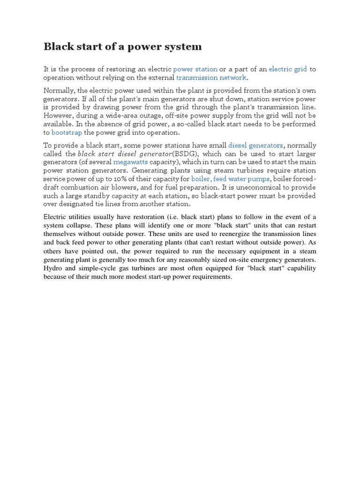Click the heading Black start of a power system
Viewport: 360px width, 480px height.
[x=123, y=46]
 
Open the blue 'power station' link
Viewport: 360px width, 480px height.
[x=195, y=69]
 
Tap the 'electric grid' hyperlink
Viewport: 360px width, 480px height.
[x=287, y=69]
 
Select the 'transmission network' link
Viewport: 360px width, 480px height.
[x=211, y=78]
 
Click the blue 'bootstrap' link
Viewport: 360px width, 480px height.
[x=67, y=133]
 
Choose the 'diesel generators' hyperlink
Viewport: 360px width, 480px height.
[x=255, y=145]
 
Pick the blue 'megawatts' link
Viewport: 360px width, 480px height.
[x=130, y=162]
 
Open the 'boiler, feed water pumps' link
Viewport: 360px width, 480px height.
[x=230, y=179]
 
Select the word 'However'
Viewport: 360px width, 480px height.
[x=59, y=116]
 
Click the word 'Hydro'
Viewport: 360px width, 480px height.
[x=53, y=268]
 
